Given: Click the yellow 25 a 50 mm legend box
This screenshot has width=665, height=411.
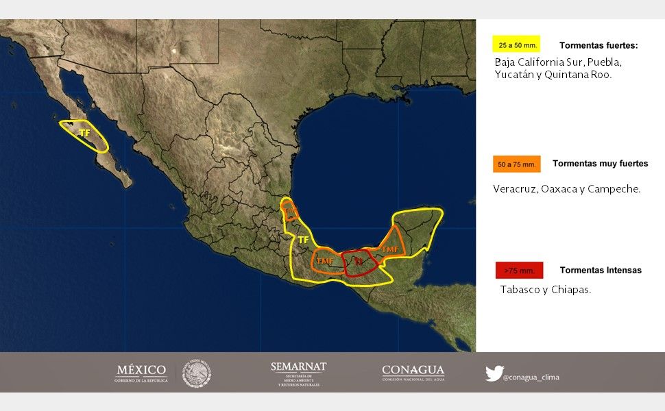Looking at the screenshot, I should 516,45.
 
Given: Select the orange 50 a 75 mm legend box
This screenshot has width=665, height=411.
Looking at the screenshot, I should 516,164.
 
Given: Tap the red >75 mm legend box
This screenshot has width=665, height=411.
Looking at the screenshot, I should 519,271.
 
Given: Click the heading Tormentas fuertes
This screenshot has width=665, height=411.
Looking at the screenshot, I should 598,46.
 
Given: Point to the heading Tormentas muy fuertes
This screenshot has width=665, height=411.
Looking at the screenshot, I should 600,164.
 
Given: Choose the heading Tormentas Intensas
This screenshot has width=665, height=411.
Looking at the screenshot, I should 601,270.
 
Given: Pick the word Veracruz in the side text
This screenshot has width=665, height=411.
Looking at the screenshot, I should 514,188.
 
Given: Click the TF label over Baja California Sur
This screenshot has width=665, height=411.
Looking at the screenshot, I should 84,133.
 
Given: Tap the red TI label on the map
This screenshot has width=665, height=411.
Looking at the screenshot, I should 357,261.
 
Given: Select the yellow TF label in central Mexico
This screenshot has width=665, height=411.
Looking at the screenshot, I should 302,240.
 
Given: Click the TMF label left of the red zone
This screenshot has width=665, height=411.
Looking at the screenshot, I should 325,261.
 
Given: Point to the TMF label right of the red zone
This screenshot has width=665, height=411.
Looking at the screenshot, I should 390,249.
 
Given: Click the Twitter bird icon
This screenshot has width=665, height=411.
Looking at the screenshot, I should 494,373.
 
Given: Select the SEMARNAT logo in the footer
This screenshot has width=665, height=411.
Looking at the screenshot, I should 298,374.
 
